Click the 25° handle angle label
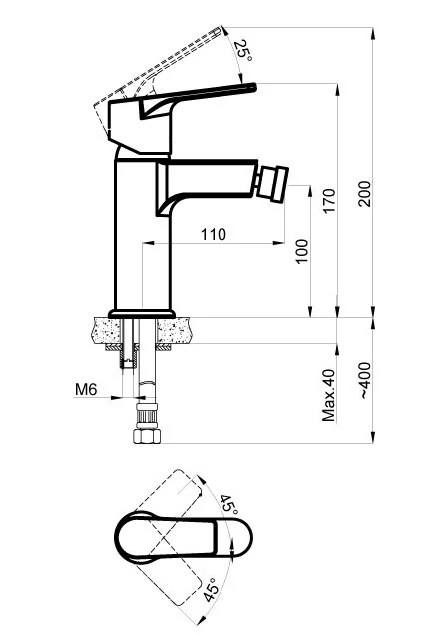(243, 50)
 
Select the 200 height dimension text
(364, 194)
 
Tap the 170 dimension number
(329, 201)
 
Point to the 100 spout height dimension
(302, 251)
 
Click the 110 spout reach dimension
(214, 234)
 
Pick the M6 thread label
(86, 389)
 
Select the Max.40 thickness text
(329, 395)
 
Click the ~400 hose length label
(364, 380)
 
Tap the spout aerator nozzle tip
(273, 185)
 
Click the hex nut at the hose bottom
(147, 436)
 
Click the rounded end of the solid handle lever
(253, 87)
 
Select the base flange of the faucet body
(142, 314)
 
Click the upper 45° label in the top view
(228, 504)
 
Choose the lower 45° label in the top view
(211, 589)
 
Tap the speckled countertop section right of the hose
(175, 330)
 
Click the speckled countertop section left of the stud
(107, 330)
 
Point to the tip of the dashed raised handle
(221, 28)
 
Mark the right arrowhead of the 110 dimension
(279, 243)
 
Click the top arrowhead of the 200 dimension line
(373, 34)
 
